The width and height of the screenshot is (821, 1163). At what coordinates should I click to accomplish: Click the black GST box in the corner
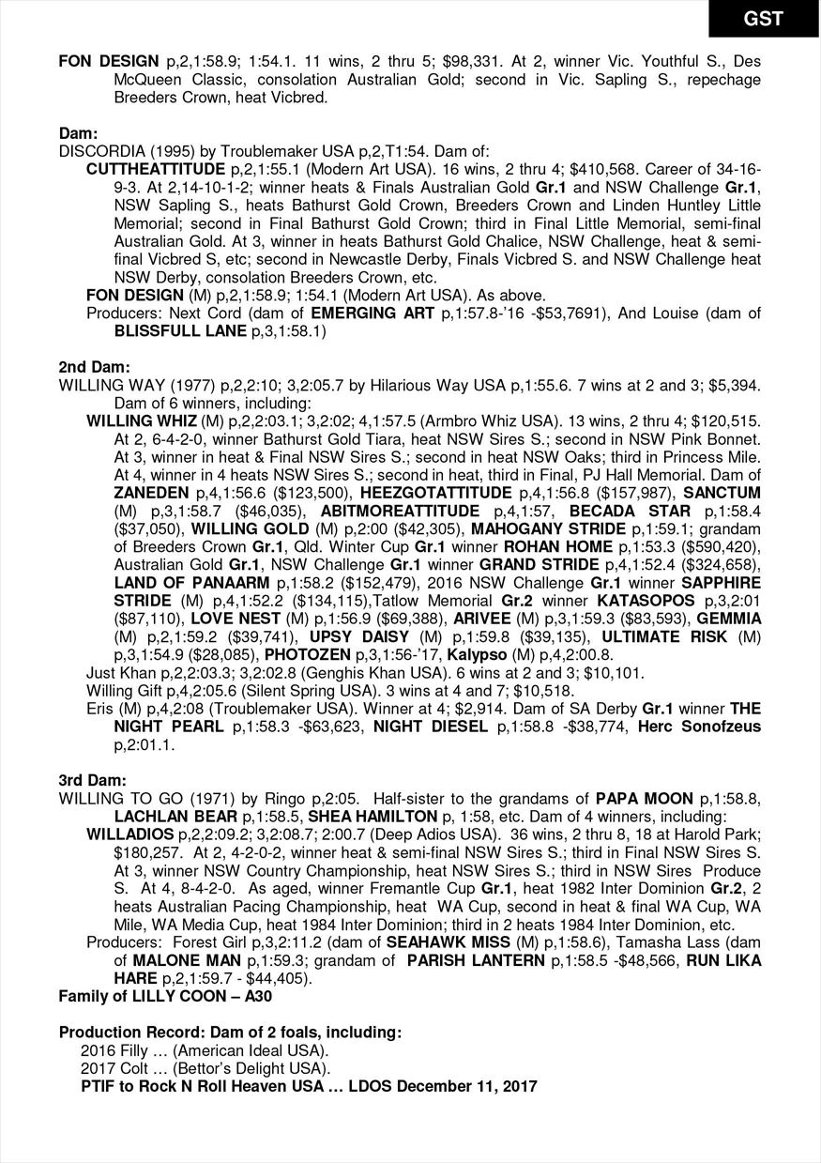tap(763, 18)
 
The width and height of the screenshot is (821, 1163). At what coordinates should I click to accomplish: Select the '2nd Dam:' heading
tap(95, 366)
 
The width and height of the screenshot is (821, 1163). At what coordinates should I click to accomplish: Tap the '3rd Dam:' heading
tap(94, 780)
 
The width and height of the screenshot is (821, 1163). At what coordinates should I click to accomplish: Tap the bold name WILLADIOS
tap(129, 834)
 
